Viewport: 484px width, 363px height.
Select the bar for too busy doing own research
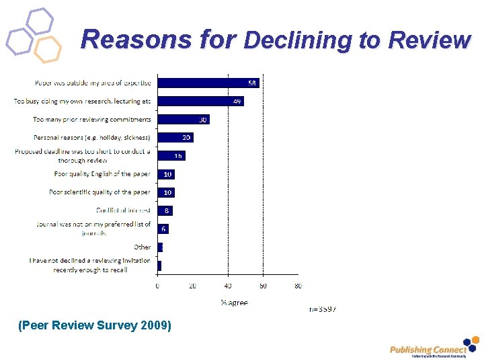click(200, 102)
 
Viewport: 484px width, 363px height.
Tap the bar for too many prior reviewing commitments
click(182, 120)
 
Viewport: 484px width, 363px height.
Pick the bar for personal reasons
click(174, 137)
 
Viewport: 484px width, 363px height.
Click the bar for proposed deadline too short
click(171, 155)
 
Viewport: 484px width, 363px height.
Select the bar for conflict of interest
click(164, 210)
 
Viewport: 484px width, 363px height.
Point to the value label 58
click(252, 83)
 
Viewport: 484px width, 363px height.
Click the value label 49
click(237, 102)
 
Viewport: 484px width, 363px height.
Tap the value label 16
click(178, 155)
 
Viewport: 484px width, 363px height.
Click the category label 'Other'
click(142, 247)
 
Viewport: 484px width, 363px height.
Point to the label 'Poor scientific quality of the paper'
click(99, 192)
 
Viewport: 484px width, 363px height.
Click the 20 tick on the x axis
click(192, 286)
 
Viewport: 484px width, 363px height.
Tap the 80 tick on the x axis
click(298, 286)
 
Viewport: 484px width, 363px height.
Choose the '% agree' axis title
click(234, 302)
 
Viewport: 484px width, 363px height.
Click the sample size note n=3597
click(323, 309)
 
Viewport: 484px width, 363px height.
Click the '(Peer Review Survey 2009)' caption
click(95, 326)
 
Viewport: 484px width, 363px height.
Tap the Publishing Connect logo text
click(428, 350)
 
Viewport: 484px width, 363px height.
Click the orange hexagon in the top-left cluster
click(47, 49)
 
